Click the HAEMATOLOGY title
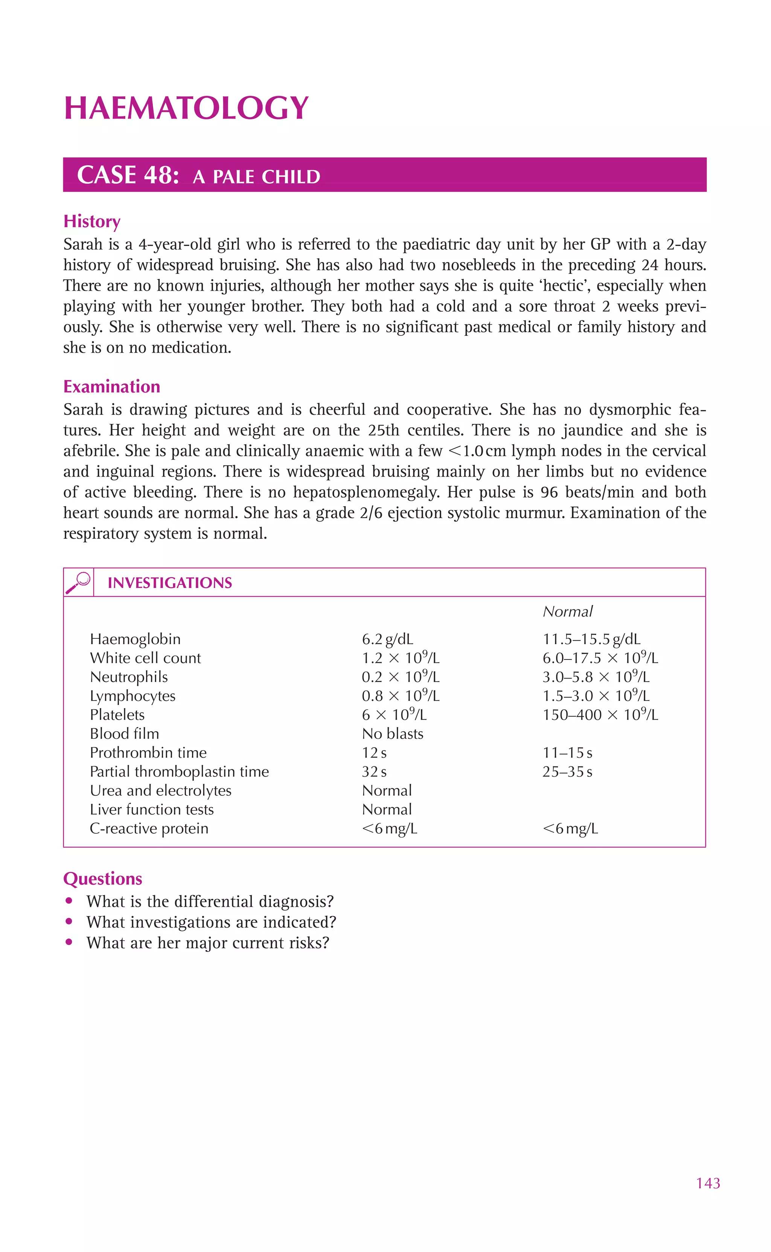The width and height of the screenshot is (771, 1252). point(186,108)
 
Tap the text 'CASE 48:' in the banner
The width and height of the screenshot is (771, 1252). point(128,175)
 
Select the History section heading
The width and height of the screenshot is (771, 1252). point(92,221)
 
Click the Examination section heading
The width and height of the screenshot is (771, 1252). point(112,387)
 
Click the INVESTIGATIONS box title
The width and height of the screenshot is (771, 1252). point(170,583)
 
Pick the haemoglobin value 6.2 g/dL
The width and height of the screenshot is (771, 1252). point(387,639)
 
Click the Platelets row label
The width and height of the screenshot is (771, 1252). point(117,715)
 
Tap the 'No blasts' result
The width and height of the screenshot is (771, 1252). point(393,734)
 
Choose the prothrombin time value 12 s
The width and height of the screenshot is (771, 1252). point(374,752)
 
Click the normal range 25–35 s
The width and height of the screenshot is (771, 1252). point(567,771)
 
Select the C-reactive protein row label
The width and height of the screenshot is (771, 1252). point(149,829)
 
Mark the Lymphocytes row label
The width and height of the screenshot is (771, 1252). point(133,696)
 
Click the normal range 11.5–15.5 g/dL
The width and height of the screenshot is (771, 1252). point(591,639)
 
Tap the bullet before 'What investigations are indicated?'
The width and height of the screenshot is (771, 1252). point(69,921)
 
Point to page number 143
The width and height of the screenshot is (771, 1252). point(708,1183)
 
